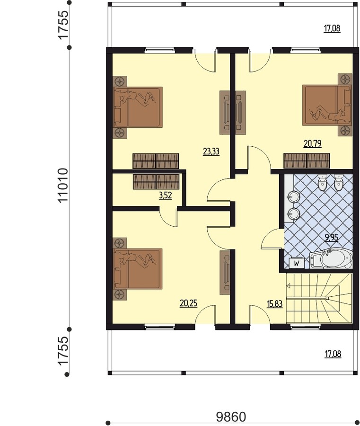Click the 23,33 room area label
(x=211, y=151)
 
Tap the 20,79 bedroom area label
(x=313, y=143)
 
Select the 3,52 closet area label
(x=166, y=195)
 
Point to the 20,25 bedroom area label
(x=188, y=303)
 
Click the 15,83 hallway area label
(x=275, y=304)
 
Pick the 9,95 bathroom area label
(x=332, y=238)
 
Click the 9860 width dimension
(x=231, y=417)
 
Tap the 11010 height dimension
(x=63, y=185)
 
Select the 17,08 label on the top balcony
(x=332, y=28)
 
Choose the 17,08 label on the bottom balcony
(x=333, y=354)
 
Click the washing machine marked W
(x=297, y=263)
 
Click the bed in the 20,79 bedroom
(x=327, y=105)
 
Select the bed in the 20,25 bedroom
(x=138, y=269)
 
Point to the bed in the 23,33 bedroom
(x=138, y=107)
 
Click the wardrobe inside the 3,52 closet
(x=156, y=181)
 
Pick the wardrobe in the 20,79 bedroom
(x=307, y=160)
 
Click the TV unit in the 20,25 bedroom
(x=225, y=273)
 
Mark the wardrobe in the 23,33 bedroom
(x=156, y=161)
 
